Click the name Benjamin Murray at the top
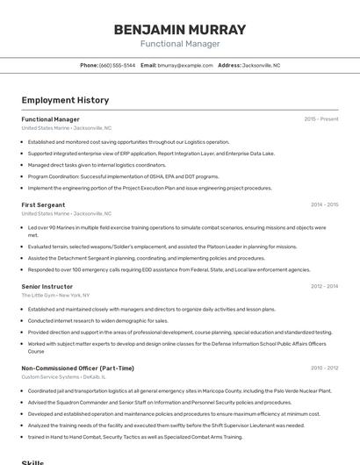pos(180,29)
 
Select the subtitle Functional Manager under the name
pos(180,44)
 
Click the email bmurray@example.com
pos(185,65)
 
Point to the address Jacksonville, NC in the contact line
pos(261,65)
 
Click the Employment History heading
pos(65,100)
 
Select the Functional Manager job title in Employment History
pos(50,119)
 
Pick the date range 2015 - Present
pos(320,119)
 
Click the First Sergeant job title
pos(43,204)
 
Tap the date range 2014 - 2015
pos(324,204)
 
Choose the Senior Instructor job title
pos(47,286)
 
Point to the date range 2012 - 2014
pos(324,286)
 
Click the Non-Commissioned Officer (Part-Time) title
pos(77,368)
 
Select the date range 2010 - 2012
pos(324,368)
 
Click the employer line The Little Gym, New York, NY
pos(56,295)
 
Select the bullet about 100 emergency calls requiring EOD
pos(169,269)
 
